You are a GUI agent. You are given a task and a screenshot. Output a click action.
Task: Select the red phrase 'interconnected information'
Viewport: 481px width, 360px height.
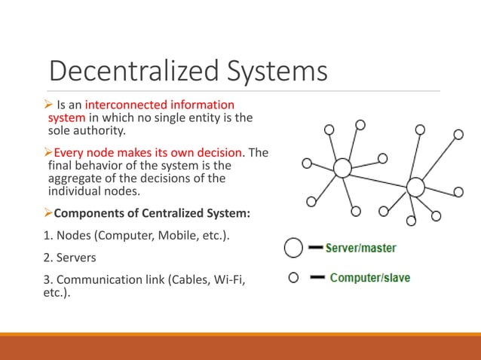click(x=160, y=105)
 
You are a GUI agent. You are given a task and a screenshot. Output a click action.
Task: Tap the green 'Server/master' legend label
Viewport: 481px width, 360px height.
click(x=360, y=247)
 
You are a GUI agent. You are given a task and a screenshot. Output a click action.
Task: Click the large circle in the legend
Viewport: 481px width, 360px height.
click(x=294, y=247)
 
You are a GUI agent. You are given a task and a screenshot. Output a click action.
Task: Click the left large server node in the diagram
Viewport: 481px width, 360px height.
click(x=342, y=168)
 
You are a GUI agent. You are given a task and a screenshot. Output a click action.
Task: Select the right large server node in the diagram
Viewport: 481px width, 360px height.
click(x=415, y=186)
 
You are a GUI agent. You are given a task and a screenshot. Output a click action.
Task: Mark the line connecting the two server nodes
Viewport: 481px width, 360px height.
click(x=378, y=177)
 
